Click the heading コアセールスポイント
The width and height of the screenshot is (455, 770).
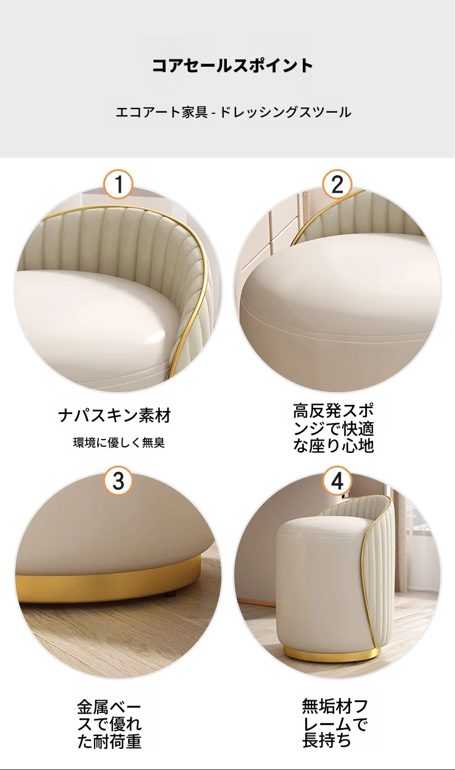click(232, 65)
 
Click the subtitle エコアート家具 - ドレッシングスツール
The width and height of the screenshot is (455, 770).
click(234, 112)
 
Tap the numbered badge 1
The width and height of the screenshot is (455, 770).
click(118, 184)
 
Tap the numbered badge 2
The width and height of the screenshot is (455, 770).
click(337, 184)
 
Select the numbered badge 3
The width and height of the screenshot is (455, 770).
click(118, 481)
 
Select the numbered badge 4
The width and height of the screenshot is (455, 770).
click(337, 481)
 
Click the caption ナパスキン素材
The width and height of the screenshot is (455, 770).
click(115, 415)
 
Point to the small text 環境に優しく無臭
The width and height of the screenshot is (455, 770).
click(119, 443)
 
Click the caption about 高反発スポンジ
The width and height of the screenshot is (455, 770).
click(333, 428)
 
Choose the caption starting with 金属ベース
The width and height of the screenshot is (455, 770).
click(109, 724)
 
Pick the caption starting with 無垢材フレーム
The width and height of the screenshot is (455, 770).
click(335, 723)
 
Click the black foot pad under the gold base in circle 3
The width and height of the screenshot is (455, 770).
click(171, 603)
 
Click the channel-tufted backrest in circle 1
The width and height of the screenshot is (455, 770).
click(113, 241)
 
